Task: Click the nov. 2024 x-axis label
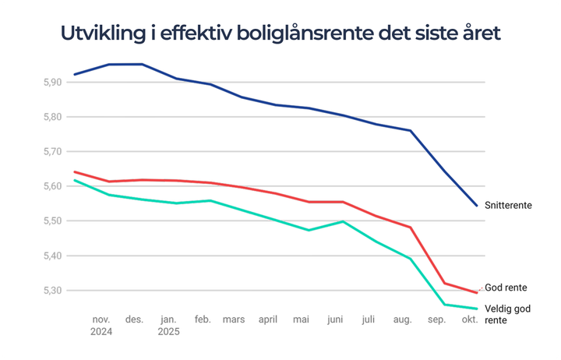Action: pyautogui.click(x=102, y=325)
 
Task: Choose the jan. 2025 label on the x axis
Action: pyautogui.click(x=168, y=325)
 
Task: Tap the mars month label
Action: pyautogui.click(x=234, y=319)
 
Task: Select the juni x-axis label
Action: pyautogui.click(x=336, y=319)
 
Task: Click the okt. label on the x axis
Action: pyautogui.click(x=470, y=319)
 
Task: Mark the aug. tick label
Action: pyautogui.click(x=403, y=319)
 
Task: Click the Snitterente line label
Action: pyautogui.click(x=508, y=206)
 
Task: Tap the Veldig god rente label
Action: pyautogui.click(x=508, y=314)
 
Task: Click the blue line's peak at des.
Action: pyautogui.click(x=142, y=64)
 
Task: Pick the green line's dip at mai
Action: pyautogui.click(x=309, y=230)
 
